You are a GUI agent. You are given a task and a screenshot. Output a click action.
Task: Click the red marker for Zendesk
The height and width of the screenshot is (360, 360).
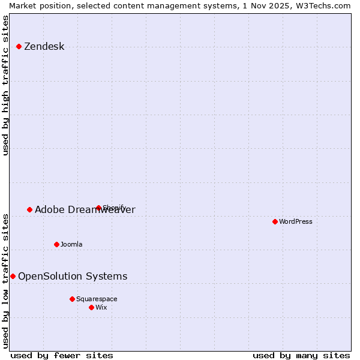click(x=19, y=46)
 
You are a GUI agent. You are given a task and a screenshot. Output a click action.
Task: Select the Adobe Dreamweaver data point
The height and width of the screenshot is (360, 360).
click(x=29, y=209)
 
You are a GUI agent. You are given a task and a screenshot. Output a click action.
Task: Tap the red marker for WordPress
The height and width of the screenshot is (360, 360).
click(x=275, y=221)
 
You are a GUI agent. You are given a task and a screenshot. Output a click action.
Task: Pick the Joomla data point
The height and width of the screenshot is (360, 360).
click(x=56, y=244)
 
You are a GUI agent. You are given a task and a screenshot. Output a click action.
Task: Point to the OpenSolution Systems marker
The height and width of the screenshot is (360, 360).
click(x=13, y=276)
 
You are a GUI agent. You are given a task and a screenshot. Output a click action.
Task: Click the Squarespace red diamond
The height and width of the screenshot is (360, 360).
click(x=72, y=299)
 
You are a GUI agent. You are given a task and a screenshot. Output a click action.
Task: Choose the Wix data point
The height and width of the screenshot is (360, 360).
click(x=91, y=307)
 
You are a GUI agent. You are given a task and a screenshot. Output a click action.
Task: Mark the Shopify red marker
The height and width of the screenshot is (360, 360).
click(x=98, y=208)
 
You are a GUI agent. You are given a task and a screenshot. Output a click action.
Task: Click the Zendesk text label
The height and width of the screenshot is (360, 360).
click(x=44, y=47)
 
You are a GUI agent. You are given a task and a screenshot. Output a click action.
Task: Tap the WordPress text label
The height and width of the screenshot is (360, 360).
click(x=296, y=221)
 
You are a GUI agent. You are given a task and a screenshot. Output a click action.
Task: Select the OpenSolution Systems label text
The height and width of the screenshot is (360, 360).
click(x=73, y=277)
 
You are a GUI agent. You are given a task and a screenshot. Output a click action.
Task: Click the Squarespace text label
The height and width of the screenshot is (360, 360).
click(x=97, y=299)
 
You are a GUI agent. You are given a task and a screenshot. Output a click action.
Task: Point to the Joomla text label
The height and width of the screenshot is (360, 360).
click(x=71, y=244)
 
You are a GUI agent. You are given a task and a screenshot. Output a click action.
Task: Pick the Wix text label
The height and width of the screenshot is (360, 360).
click(x=101, y=307)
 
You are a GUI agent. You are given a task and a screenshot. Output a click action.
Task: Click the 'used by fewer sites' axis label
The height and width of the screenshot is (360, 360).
click(x=62, y=355)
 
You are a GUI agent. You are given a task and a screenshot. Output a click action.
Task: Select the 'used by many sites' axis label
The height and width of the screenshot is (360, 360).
click(x=301, y=355)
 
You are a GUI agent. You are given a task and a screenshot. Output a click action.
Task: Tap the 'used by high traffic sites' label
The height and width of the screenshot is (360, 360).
click(x=5, y=85)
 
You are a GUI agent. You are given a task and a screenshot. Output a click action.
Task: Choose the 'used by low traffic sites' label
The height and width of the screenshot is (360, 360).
click(x=5, y=280)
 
